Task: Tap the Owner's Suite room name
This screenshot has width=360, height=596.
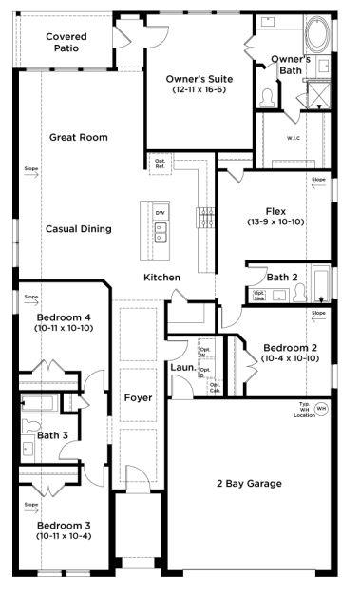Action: coord(197,78)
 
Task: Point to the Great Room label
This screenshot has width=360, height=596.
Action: coord(78,137)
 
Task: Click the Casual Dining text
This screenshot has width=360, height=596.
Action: coord(78,229)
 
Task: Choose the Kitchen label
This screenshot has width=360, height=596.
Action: coord(161,277)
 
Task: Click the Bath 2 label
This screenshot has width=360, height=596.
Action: coord(282,277)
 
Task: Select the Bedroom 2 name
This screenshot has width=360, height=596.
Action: coord(292,347)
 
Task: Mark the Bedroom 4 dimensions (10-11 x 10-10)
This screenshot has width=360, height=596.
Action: coord(65,329)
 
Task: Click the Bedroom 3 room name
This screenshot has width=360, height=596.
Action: coord(65,525)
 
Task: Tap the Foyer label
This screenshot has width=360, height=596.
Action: coord(138,397)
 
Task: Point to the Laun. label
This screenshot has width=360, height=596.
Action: coord(182,367)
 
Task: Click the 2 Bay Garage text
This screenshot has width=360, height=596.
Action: coord(250,483)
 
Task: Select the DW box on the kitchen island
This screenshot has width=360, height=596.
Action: coord(161,213)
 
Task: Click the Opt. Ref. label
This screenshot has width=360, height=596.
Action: coord(161,163)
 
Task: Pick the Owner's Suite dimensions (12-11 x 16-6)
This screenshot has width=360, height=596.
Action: coord(197,89)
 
